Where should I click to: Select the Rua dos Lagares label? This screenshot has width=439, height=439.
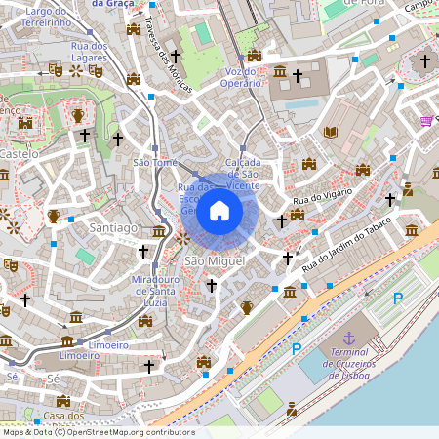89,52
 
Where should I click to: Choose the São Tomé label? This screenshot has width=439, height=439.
154,162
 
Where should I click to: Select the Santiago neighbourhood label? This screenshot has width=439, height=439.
113,227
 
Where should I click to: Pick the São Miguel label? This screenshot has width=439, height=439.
207,262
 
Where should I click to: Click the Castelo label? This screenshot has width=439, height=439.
20,154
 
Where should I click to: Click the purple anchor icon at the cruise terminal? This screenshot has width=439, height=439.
349,310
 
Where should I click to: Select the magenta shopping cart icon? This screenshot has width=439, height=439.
426,121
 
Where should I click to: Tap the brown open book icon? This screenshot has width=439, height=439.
330,132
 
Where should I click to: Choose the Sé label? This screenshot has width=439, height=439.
12,376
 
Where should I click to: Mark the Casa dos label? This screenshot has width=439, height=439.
63,417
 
